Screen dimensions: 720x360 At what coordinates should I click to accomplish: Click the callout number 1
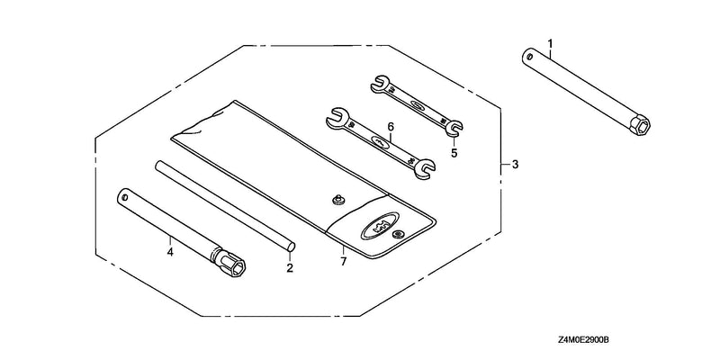point(550,44)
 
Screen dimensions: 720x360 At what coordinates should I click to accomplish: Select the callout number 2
point(290,267)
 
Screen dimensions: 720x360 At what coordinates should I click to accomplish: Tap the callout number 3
point(515,164)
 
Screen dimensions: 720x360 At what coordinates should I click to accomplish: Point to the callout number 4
point(170,252)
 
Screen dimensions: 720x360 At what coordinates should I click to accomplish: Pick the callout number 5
point(454,153)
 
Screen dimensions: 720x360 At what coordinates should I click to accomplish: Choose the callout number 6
point(391,126)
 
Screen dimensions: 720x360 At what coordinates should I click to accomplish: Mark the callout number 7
point(344,261)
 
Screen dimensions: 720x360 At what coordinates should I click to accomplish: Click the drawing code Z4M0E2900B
point(583,340)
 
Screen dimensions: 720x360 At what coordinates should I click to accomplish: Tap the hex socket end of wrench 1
point(640,125)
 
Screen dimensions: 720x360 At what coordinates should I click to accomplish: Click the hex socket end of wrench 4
point(234,265)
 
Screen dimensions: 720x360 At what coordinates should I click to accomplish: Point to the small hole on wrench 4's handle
point(124,196)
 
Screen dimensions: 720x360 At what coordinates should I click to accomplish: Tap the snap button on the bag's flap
point(398,235)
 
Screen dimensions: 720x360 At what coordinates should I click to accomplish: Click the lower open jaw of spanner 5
point(454,128)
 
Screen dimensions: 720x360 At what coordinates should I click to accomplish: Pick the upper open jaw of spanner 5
point(379,83)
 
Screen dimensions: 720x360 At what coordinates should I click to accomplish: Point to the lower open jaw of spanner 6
point(424,168)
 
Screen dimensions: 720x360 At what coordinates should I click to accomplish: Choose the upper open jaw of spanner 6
point(336,117)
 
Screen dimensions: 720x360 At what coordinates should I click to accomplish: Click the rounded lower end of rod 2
point(291,247)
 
